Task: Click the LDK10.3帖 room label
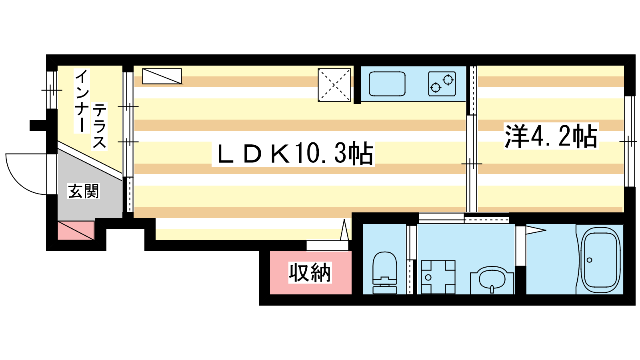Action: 294,154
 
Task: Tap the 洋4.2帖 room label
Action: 551,136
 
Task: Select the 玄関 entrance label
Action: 84,191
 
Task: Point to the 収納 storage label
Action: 310,272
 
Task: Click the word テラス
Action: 100,126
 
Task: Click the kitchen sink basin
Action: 387,84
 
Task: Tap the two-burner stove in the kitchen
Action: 442,84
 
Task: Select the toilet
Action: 385,273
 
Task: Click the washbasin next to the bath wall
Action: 492,280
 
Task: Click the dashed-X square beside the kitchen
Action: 334,85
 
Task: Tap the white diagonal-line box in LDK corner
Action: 162,76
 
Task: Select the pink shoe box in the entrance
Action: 76,230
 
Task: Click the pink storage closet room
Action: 310,273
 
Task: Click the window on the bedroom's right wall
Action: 630,142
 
